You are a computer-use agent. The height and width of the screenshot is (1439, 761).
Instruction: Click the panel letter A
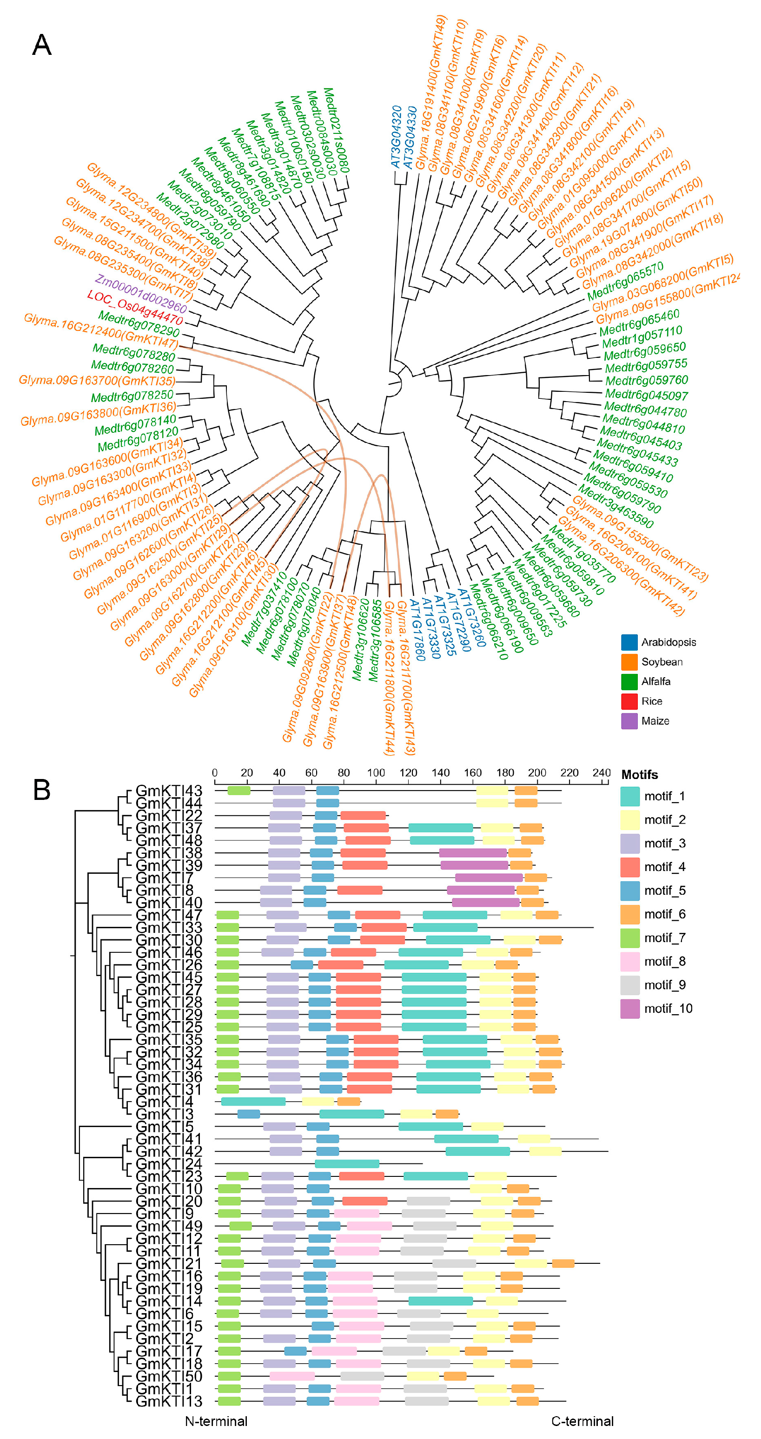[41, 45]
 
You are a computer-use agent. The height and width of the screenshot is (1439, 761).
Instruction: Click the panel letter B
[41, 790]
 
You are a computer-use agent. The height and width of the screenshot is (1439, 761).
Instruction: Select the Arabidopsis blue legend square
[629, 642]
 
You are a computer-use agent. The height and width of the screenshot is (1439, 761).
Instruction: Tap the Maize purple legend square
[629, 720]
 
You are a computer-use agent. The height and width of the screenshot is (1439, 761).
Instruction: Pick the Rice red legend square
[629, 701]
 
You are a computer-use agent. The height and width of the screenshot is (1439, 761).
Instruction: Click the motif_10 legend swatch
[630, 1008]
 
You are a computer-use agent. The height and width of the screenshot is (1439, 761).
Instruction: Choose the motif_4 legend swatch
[630, 867]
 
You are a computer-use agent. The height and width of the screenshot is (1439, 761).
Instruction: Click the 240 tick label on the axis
[601, 772]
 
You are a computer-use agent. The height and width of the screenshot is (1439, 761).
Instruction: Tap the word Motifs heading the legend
[639, 775]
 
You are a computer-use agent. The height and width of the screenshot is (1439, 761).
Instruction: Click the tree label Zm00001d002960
[141, 294]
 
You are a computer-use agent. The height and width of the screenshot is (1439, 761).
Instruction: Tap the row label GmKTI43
[169, 791]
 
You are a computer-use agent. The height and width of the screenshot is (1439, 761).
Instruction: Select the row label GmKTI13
[169, 1401]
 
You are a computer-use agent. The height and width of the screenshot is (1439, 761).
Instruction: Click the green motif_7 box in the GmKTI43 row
[238, 791]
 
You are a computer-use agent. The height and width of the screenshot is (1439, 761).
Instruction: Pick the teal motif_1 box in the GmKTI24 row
[347, 1163]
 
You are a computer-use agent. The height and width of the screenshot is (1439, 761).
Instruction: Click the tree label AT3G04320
[396, 137]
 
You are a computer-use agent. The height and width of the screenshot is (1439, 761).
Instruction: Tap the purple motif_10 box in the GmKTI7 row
[489, 878]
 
